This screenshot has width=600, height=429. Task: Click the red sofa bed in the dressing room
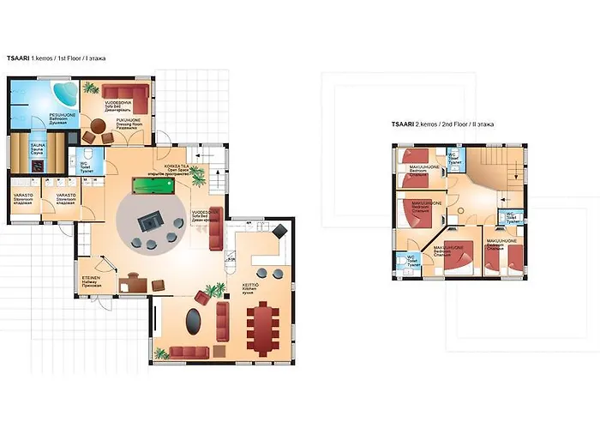[x=125, y=92]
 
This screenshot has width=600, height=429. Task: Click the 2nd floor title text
[x=447, y=124]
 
